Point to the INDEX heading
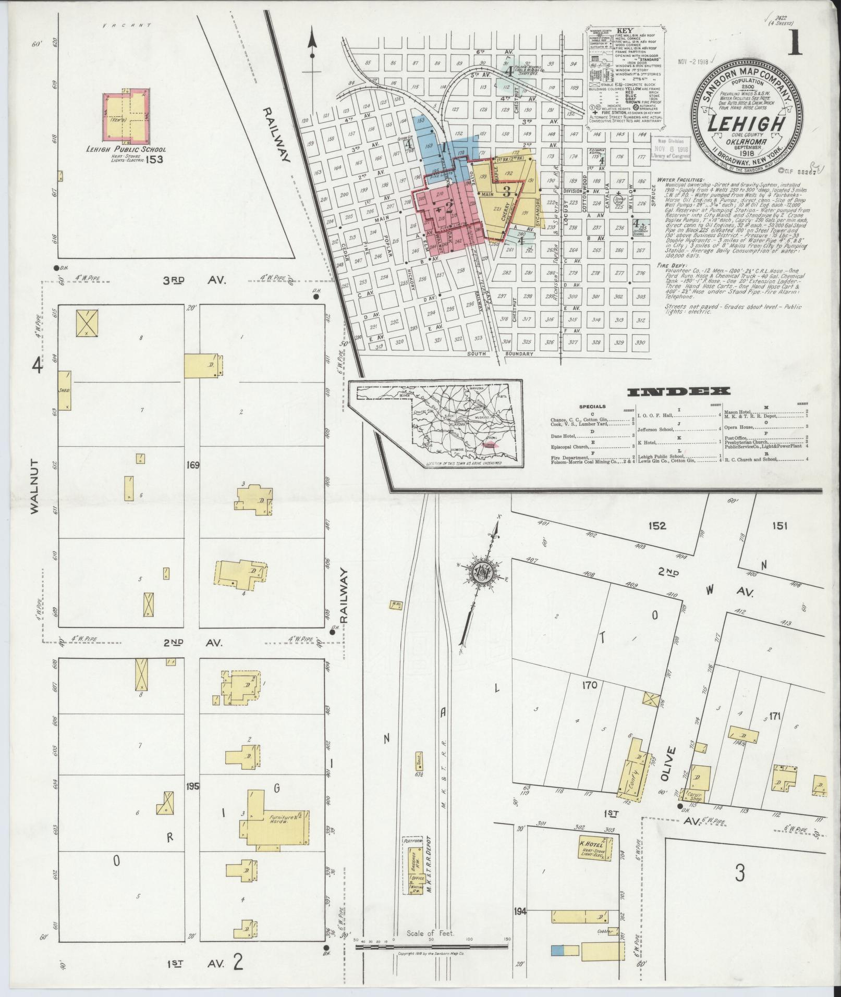pyautogui.click(x=678, y=391)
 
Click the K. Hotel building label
pyautogui.click(x=591, y=844)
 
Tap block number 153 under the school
pyautogui.click(x=154, y=159)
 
